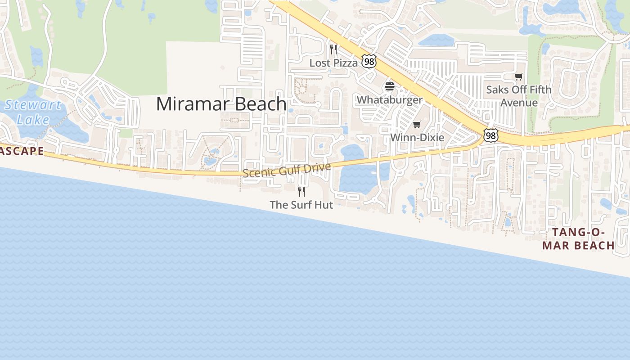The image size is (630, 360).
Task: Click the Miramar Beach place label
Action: (x=221, y=104)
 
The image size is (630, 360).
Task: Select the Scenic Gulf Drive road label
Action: (x=287, y=170)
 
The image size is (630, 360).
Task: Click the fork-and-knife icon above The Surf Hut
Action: (x=301, y=191)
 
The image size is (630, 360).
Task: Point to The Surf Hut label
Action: (x=301, y=205)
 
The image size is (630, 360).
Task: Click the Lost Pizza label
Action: (x=333, y=63)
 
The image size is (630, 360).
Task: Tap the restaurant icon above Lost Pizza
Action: (x=333, y=49)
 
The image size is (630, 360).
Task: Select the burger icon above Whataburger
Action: (x=390, y=86)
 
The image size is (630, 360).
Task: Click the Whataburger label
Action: (x=390, y=100)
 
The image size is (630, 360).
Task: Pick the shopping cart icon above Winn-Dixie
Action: (x=417, y=124)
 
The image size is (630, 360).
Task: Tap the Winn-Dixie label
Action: (x=417, y=138)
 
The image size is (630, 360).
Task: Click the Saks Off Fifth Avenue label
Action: (x=519, y=96)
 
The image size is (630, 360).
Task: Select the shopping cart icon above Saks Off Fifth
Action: (x=519, y=76)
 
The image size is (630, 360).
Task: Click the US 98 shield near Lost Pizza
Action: (x=369, y=62)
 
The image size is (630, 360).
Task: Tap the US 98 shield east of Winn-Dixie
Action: (x=491, y=135)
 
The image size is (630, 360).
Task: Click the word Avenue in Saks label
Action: (x=519, y=103)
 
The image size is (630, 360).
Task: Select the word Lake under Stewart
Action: (x=33, y=120)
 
